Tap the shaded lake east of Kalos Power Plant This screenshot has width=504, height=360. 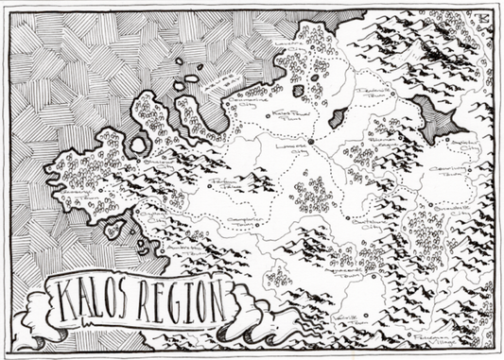click(x=336, y=118)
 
